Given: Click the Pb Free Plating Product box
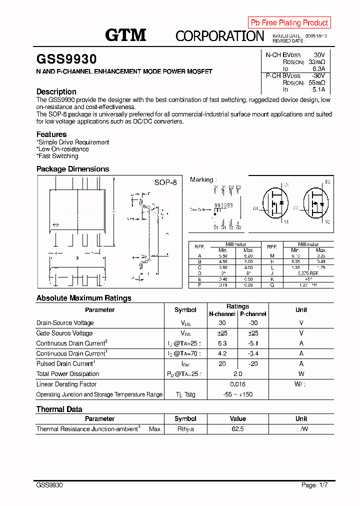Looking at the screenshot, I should click(289, 22).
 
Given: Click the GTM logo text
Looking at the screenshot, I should click(125, 35).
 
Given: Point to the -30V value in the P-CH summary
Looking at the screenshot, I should click(318, 75).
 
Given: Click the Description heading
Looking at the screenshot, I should click(56, 91).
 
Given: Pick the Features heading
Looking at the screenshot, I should click(51, 134).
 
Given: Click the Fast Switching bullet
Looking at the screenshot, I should click(57, 156).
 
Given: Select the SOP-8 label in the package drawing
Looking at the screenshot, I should click(165, 183).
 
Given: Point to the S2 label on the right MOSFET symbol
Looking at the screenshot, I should click(327, 221).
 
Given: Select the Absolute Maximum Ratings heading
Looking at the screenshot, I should click(84, 298).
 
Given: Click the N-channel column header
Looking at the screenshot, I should click(222, 314).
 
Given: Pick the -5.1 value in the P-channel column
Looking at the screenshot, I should click(253, 343).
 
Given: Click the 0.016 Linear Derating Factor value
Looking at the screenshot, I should click(237, 384).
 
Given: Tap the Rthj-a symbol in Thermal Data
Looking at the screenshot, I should click(185, 429).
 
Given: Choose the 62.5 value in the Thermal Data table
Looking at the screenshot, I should click(237, 429).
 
